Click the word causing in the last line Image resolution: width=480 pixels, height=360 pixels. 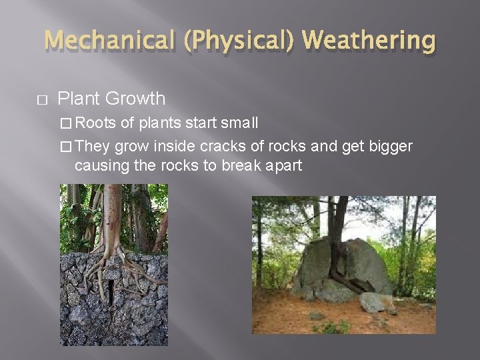(x=100, y=165)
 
